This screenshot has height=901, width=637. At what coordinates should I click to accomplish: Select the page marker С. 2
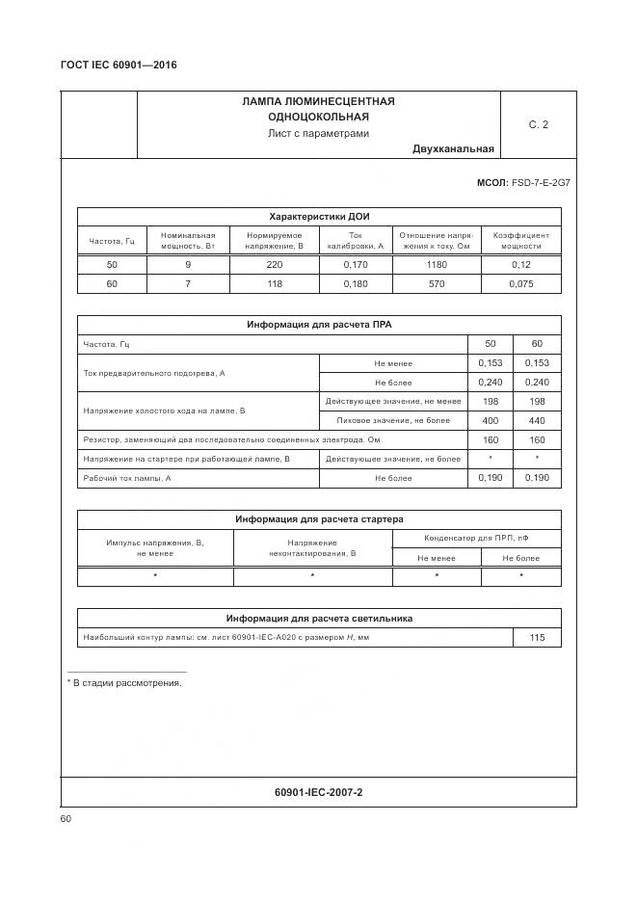click(538, 124)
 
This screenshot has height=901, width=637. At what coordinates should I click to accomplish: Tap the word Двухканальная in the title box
click(453, 148)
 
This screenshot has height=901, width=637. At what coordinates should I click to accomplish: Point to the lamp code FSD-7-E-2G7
click(541, 181)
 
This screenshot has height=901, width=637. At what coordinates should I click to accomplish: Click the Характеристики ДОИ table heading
click(319, 216)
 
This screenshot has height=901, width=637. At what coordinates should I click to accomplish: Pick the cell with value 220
click(274, 264)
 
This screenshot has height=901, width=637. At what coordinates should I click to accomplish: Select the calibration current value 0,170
click(355, 264)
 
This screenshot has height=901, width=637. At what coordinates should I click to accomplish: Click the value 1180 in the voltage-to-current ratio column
click(437, 264)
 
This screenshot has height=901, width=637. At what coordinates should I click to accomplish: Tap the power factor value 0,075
click(521, 284)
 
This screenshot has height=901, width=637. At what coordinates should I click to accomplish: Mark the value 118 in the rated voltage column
click(274, 284)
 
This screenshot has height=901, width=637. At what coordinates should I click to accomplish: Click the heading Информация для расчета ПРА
click(319, 325)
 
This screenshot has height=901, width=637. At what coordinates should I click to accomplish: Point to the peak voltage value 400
click(491, 420)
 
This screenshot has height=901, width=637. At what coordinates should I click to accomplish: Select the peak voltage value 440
click(537, 420)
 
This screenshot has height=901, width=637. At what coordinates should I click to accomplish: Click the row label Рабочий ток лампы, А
click(127, 478)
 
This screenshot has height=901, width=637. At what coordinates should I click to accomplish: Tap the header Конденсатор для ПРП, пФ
click(476, 538)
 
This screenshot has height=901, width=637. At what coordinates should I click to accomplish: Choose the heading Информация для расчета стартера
click(319, 519)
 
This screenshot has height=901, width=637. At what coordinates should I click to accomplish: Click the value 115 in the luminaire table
click(537, 638)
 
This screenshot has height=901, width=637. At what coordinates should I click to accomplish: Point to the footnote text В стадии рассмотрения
click(127, 682)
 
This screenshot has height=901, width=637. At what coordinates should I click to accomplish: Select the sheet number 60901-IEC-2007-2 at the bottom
click(319, 792)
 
